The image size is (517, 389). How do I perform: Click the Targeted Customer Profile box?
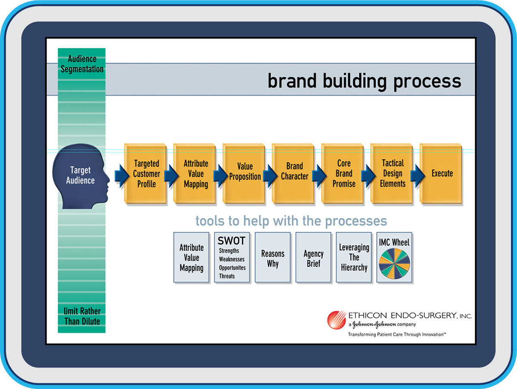click(145, 173)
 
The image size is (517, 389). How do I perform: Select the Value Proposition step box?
click(244, 173)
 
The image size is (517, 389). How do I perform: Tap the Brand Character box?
click(293, 173)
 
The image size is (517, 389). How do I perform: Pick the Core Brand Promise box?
click(342, 173)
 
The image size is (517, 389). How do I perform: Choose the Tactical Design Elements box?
click(392, 173)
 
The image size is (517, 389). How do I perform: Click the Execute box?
click(441, 173)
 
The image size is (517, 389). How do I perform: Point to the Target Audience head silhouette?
click(81, 176)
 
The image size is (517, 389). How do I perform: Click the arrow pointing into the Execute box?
click(417, 176)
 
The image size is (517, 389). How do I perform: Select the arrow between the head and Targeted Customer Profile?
click(122, 176)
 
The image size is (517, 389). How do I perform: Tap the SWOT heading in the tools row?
click(231, 241)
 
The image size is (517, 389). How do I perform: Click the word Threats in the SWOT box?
click(227, 276)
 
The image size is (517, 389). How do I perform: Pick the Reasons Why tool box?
click(273, 257)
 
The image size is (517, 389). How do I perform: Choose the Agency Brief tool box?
click(313, 257)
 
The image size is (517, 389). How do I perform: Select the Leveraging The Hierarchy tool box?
click(354, 257)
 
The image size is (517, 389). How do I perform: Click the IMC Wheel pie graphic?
click(394, 264)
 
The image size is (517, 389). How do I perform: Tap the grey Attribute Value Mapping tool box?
click(191, 257)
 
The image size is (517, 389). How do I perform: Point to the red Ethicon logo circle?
click(336, 320)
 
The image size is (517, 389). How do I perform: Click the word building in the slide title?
click(355, 81)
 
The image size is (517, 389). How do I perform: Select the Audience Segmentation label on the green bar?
click(82, 64)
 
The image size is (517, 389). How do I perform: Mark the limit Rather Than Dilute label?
click(82, 316)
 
